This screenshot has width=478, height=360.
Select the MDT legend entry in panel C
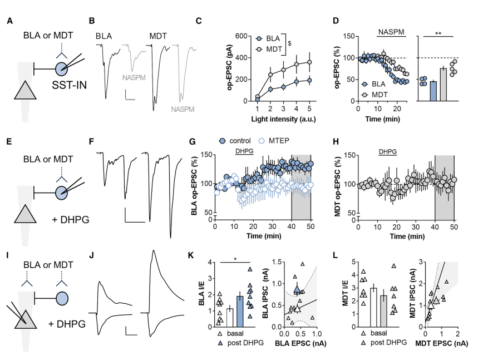[270, 50]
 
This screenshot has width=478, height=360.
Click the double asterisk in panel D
[437, 33]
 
